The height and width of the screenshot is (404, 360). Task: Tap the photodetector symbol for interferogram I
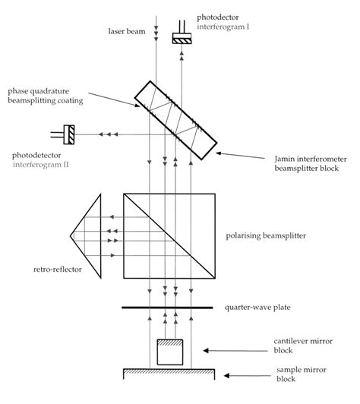(183, 38)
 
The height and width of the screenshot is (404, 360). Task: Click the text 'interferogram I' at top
(223, 26)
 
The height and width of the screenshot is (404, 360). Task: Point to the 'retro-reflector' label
(57, 268)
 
